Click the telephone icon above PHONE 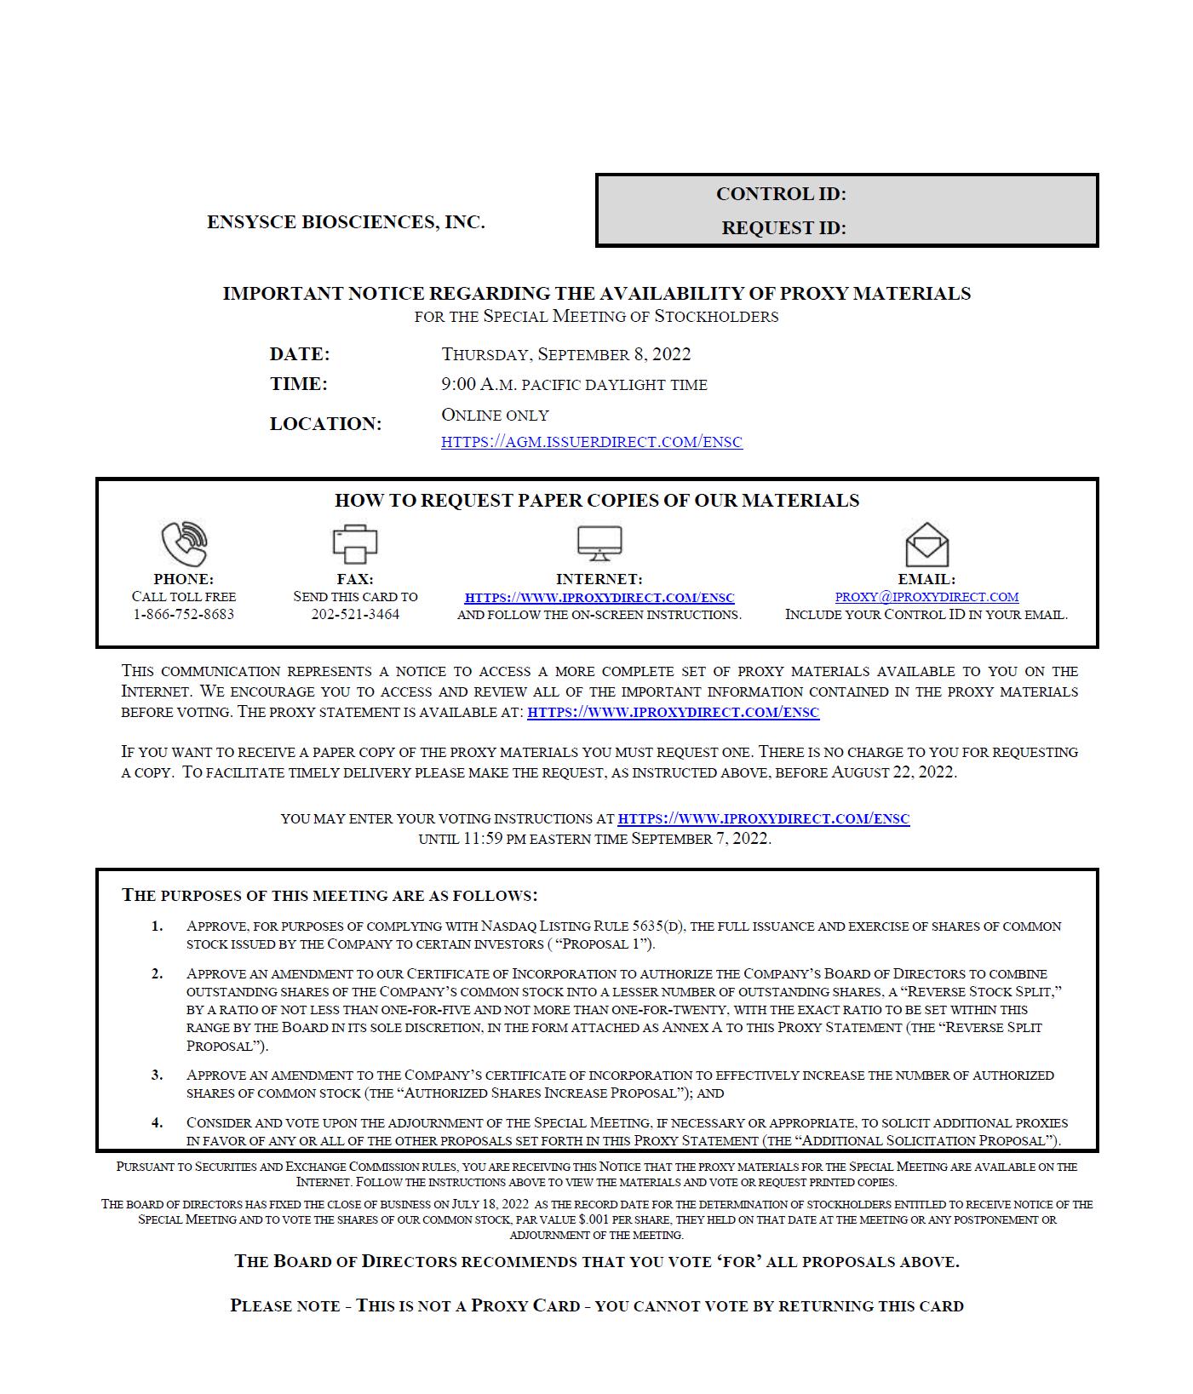[x=184, y=543]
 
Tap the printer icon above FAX [x=354, y=543]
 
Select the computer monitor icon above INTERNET [x=599, y=543]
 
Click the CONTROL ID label [x=781, y=194]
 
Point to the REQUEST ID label [x=783, y=228]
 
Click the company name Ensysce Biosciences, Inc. [x=346, y=222]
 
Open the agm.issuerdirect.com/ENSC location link [x=592, y=442]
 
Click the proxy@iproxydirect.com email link [x=926, y=597]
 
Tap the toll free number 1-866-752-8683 [x=184, y=615]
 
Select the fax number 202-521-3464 [x=355, y=615]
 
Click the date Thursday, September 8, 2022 [x=566, y=354]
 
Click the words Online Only [x=495, y=416]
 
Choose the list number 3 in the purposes [x=158, y=1075]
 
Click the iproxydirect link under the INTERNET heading [x=599, y=598]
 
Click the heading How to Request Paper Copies [x=597, y=501]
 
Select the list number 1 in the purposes [x=158, y=926]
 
